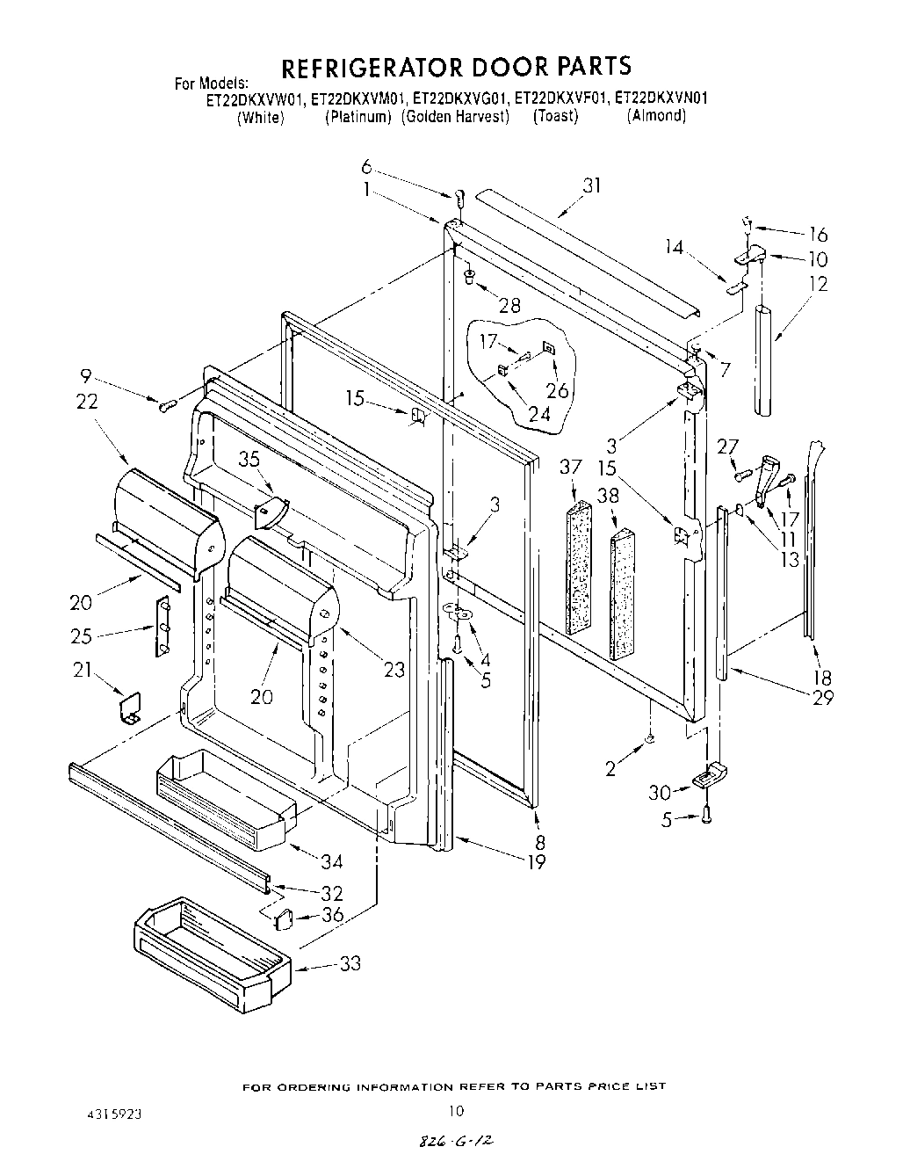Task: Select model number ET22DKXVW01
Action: coord(256,99)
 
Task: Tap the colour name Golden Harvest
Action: coord(456,117)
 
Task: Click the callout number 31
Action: coord(592,186)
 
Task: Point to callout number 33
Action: coord(350,964)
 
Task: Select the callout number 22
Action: coord(87,401)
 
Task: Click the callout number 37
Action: coord(572,468)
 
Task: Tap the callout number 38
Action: coord(608,494)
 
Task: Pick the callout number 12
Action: coord(818,284)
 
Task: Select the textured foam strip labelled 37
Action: coord(578,567)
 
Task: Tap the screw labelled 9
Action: coord(167,404)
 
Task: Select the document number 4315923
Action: coord(112,1112)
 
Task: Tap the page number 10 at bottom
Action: coord(454,1110)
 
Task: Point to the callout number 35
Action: coord(250,458)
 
